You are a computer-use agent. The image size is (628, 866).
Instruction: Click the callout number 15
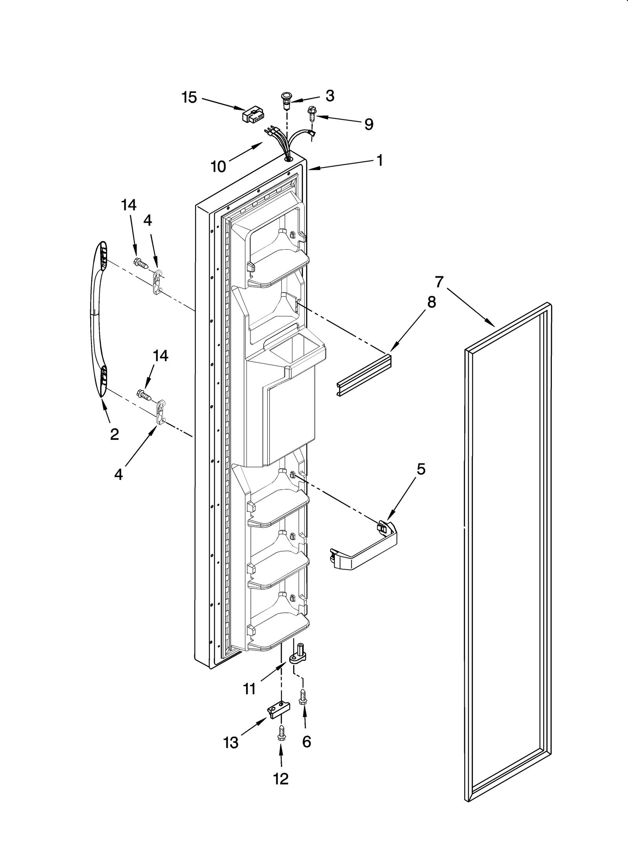click(x=189, y=97)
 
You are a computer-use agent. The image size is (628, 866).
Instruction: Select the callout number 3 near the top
click(x=330, y=96)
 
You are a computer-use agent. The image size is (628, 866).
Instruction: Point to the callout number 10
click(x=218, y=166)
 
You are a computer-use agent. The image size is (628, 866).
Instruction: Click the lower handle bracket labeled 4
click(x=161, y=412)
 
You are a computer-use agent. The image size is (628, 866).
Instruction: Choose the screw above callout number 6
click(x=303, y=697)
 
